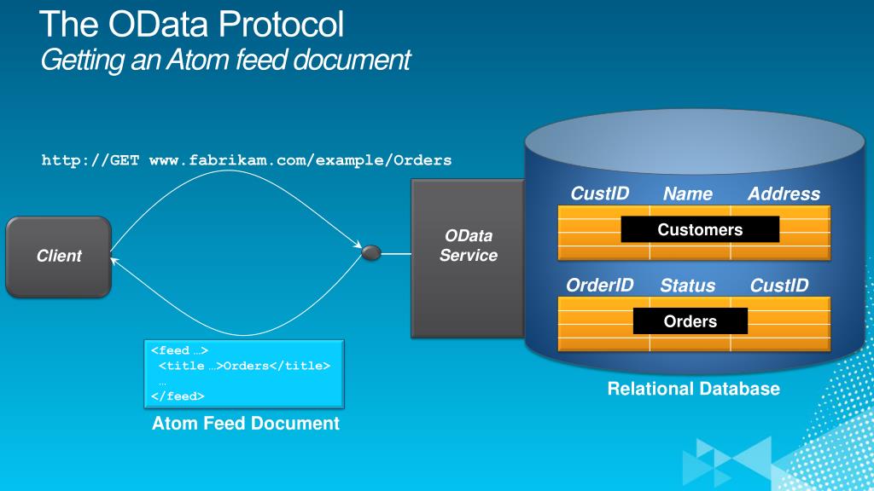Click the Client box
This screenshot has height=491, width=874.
click(x=59, y=257)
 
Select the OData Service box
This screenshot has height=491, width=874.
click(x=468, y=258)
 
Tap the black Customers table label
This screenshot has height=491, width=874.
click(x=700, y=229)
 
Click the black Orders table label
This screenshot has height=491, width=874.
click(x=690, y=321)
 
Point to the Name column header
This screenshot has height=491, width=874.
click(x=688, y=194)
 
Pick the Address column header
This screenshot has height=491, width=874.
click(x=784, y=194)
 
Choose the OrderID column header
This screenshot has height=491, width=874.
click(x=600, y=286)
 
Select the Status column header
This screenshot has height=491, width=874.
click(x=688, y=286)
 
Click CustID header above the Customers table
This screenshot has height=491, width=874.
click(x=600, y=194)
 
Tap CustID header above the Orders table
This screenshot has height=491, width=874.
click(x=779, y=286)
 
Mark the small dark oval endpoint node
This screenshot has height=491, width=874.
click(x=371, y=253)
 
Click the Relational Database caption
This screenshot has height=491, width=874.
click(x=693, y=389)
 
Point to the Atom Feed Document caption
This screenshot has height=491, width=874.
click(x=246, y=423)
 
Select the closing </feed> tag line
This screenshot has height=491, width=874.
click(x=178, y=396)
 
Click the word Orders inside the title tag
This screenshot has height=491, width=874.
click(x=247, y=366)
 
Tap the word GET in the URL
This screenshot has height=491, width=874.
click(x=125, y=160)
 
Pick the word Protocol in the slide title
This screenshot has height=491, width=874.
click(x=281, y=24)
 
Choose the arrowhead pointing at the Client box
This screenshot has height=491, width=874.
click(x=114, y=260)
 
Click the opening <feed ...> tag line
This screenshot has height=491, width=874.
click(x=179, y=350)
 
